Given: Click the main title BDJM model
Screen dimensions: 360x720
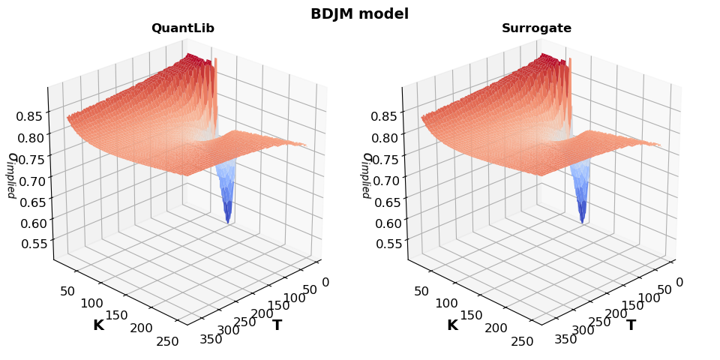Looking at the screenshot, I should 359,13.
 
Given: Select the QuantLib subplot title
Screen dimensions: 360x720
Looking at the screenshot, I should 182,28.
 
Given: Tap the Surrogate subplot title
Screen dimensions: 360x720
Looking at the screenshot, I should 536,28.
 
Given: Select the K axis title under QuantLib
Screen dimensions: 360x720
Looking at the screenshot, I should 98,325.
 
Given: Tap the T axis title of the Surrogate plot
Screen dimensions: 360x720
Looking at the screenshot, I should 631,325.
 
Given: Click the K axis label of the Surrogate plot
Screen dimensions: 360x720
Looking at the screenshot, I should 452,325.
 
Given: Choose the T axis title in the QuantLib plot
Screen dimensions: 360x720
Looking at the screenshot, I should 277,325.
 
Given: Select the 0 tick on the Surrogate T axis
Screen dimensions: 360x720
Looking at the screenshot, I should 680,282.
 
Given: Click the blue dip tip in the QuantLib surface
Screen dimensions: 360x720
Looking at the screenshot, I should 227,221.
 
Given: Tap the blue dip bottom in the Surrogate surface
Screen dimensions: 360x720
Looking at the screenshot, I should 582,221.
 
